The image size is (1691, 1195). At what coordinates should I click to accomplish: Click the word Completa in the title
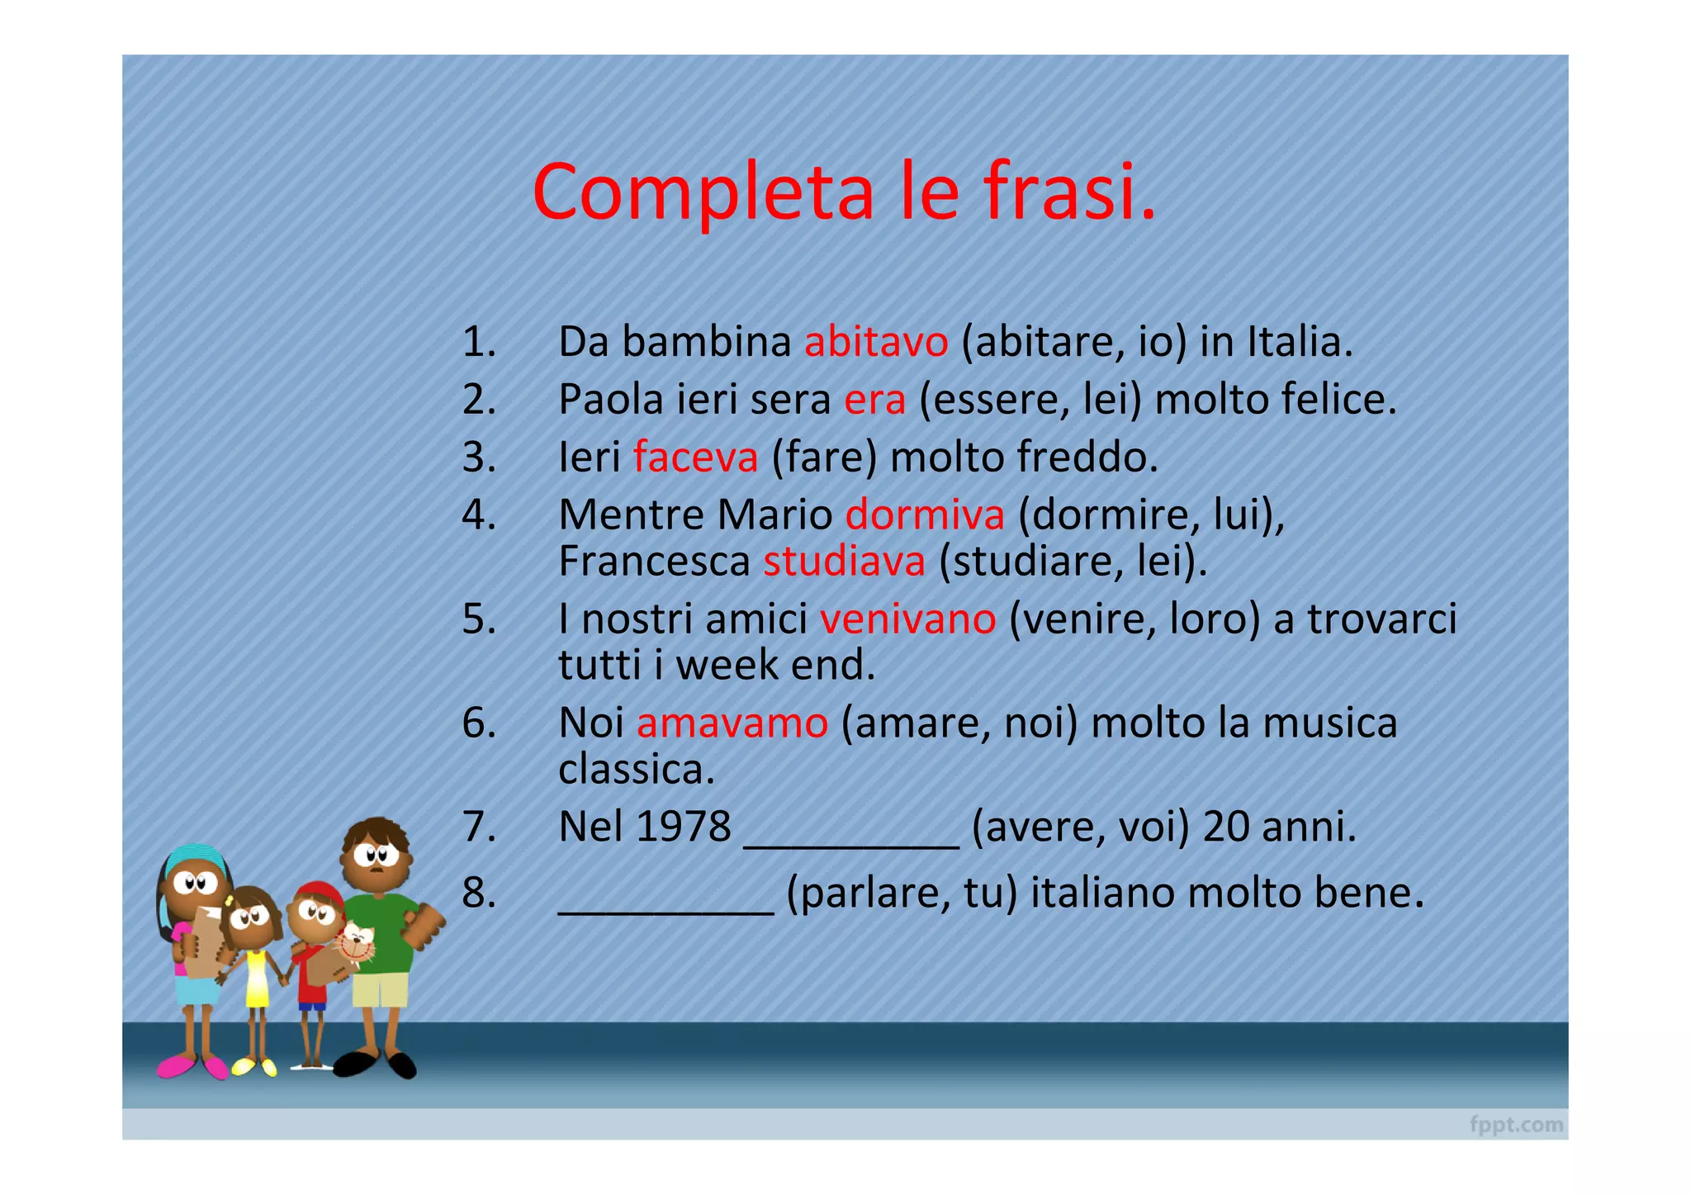tap(703, 192)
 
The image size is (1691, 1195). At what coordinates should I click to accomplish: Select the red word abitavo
tap(876, 342)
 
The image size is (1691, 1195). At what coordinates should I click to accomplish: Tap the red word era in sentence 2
tap(874, 400)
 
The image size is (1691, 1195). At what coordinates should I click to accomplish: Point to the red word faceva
tap(695, 457)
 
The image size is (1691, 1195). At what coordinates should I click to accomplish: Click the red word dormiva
tap(925, 515)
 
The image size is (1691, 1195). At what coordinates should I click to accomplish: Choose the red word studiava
tap(844, 562)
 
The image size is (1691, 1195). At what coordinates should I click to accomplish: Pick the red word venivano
tap(907, 619)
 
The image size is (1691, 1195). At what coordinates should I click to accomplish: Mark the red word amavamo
tap(732, 723)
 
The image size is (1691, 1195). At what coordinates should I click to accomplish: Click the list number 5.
tap(479, 619)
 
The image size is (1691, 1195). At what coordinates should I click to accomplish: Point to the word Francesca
tap(654, 562)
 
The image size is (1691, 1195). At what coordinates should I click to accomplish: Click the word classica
tap(636, 770)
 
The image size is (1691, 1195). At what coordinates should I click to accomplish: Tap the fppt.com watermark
tap(1516, 1124)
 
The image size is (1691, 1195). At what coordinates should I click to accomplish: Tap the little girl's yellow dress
tap(257, 979)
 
